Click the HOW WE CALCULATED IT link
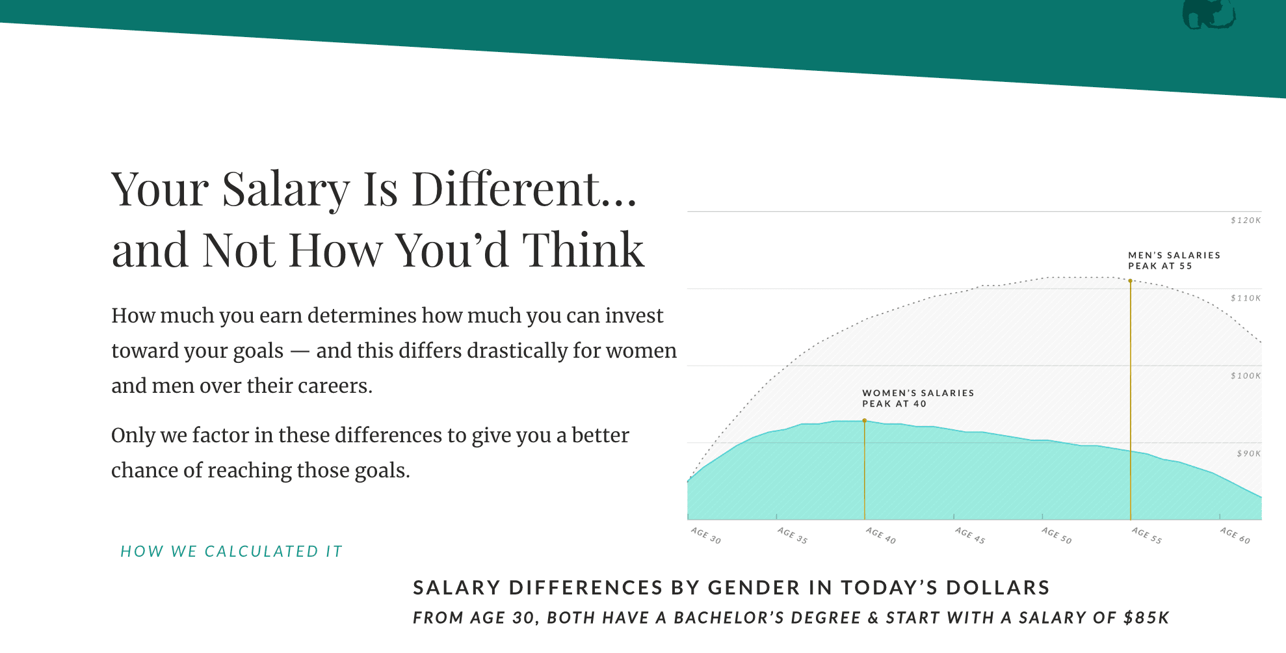[231, 552]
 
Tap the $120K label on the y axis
[1246, 220]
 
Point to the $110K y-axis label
[1246, 298]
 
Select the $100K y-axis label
[1246, 376]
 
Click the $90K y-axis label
[1249, 453]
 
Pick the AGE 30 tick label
[706, 535]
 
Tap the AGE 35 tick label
[793, 535]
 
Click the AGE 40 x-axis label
[881, 535]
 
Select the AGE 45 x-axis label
[970, 535]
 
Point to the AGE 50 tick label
[1056, 535]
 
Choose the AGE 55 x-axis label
[1147, 535]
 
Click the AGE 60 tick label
[1235, 535]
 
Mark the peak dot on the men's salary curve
[1131, 281]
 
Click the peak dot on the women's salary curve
[865, 421]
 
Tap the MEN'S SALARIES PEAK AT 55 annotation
[1174, 261]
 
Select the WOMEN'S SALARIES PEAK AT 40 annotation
[918, 399]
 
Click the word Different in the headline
[525, 189]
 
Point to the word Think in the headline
[583, 250]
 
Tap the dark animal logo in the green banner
[1209, 14]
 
